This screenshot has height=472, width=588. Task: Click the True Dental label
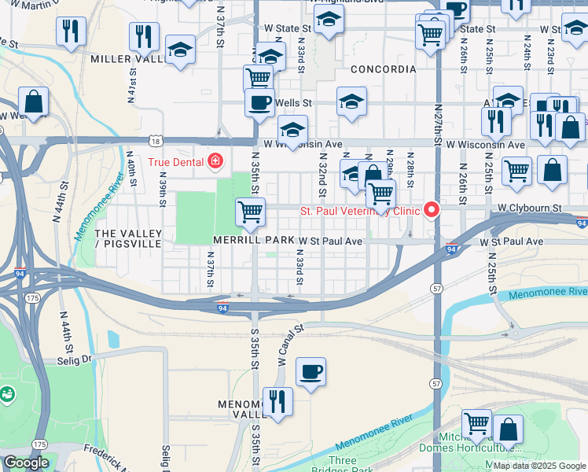pos(176,162)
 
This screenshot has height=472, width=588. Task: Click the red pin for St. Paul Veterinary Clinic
pos(431,210)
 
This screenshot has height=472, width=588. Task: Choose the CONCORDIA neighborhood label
pos(383,69)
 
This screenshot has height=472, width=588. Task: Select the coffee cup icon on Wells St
pos(259,102)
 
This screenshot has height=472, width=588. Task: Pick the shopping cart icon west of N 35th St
pos(250,210)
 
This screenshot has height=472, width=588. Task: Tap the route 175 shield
pos(32,299)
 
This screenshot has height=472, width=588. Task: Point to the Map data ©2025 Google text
pos(538,466)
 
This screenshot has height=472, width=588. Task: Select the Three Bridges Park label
pos(343,465)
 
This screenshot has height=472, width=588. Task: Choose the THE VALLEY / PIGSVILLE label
pos(128,239)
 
